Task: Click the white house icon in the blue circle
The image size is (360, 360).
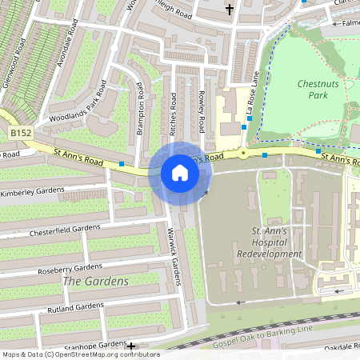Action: pyautogui.click(x=179, y=172)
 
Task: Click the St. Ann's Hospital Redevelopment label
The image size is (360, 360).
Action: pyautogui.click(x=269, y=242)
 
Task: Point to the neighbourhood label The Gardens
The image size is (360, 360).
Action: pyautogui.click(x=95, y=282)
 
